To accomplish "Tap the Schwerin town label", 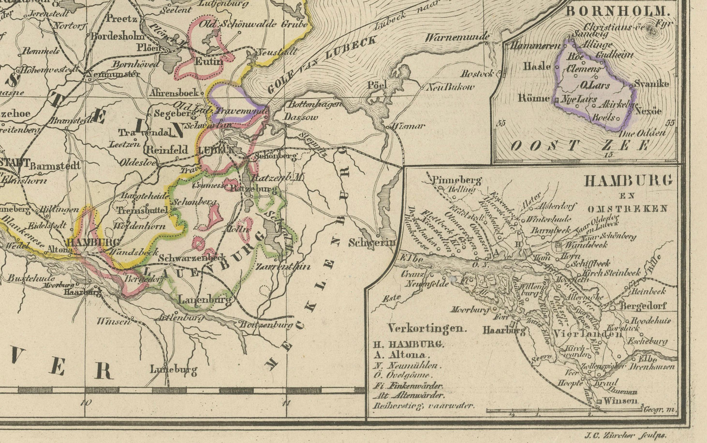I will (x=372, y=243).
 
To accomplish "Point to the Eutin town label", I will (x=209, y=61).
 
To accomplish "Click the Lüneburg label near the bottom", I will (x=173, y=370).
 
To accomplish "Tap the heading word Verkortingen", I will (x=427, y=328).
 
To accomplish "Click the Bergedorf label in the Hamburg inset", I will (x=643, y=306).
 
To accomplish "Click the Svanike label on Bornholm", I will (x=652, y=84).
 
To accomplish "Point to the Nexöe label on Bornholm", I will (x=648, y=111).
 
